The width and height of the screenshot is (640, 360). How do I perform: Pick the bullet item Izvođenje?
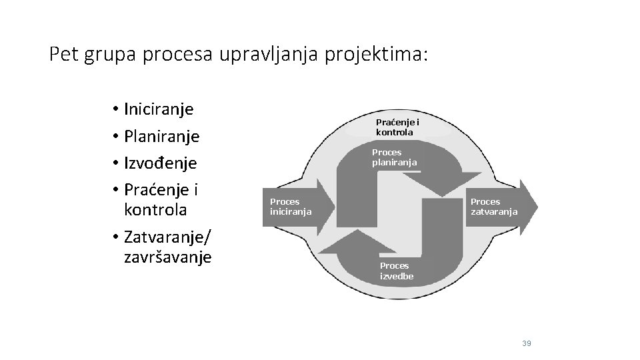click(161, 163)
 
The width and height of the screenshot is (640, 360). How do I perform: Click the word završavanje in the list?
click(167, 257)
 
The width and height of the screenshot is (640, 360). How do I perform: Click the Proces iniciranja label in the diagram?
click(290, 207)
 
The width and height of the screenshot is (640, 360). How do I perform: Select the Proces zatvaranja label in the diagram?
click(494, 207)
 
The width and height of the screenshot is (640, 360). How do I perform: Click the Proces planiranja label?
click(395, 157)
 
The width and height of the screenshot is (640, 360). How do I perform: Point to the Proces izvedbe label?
click(397, 271)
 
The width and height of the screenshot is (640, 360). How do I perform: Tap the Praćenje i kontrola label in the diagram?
click(397, 127)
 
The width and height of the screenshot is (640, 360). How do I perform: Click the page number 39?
click(527, 343)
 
